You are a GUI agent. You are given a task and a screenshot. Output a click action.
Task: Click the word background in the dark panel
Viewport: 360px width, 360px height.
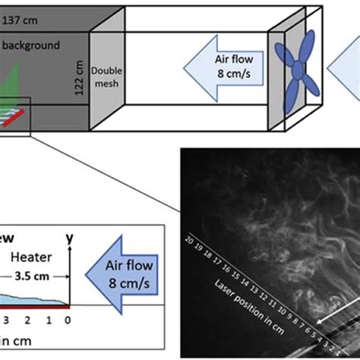click(32, 46)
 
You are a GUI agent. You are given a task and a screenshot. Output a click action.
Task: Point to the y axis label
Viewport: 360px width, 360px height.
click(70, 238)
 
